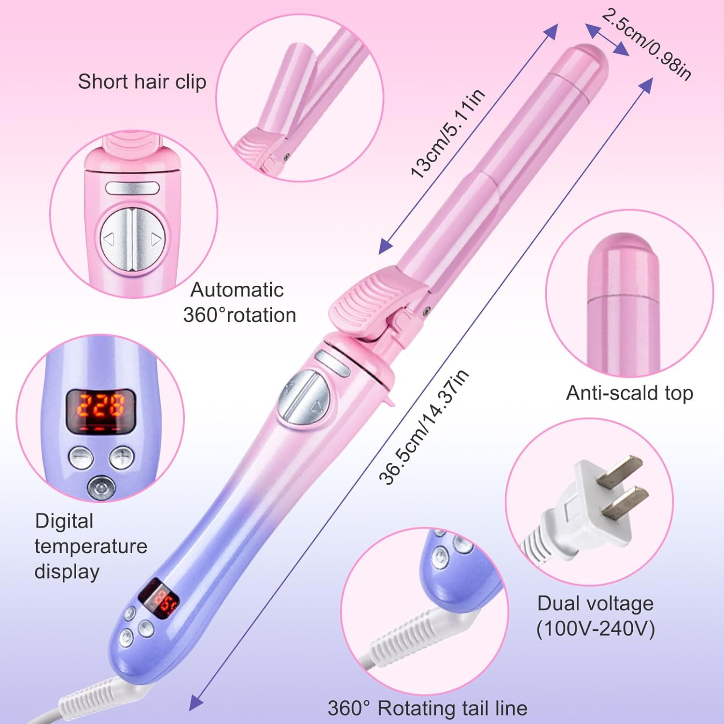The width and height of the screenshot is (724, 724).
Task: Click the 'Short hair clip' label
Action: click(x=142, y=82)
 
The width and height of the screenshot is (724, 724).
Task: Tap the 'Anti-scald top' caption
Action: click(x=629, y=393)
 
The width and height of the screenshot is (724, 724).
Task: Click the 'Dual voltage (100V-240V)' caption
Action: click(x=595, y=616)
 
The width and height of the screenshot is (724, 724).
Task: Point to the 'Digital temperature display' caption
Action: click(x=90, y=546)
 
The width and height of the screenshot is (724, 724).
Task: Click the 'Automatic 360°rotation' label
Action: click(x=239, y=303)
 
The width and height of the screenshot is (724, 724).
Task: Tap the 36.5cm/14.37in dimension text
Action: click(x=423, y=427)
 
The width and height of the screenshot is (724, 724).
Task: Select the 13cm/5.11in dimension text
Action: click(x=447, y=134)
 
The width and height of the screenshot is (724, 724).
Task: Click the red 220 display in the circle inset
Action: click(x=101, y=405)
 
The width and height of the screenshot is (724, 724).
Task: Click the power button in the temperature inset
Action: click(x=100, y=487)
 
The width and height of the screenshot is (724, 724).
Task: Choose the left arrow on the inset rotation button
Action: click(x=109, y=238)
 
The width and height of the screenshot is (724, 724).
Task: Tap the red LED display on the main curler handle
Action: click(x=159, y=599)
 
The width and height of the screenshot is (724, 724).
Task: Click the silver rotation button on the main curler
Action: click(x=306, y=397)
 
